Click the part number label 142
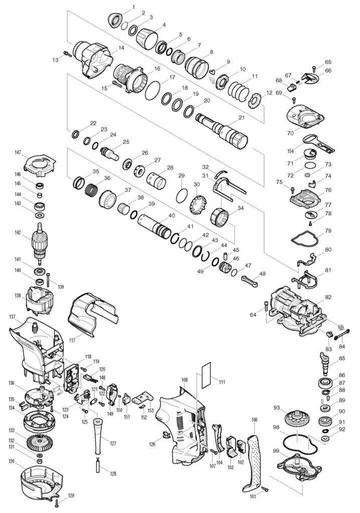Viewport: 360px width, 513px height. (18, 232)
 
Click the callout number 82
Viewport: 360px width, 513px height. (328, 297)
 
